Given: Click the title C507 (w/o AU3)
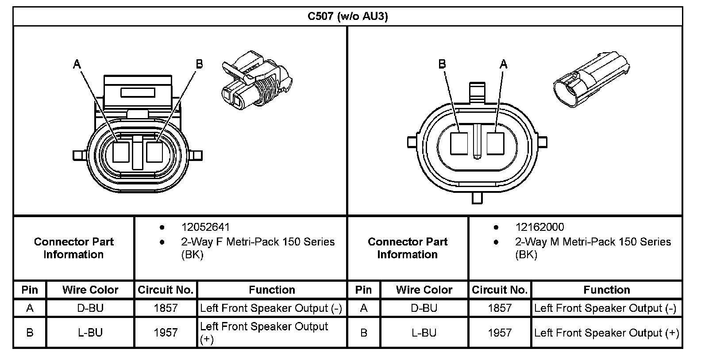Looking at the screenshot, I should pos(348,17).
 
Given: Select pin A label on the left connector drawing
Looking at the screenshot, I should pos(77,65).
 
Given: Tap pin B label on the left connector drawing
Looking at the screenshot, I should pos(199,65).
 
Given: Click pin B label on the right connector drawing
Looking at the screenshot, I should pos(442,65).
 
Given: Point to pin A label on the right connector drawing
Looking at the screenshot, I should pos(503,65).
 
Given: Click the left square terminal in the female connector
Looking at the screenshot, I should pos(121,152).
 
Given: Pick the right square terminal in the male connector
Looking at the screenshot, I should pos(495,144).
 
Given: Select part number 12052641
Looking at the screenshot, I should pos(205,227).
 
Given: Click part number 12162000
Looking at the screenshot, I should pos(539,227).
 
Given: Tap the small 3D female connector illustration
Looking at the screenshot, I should pos(255,80).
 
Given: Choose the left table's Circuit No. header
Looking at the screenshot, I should pos(166,290).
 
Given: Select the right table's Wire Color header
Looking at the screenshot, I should pos(424,290).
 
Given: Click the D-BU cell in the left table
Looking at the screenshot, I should pos(90,308).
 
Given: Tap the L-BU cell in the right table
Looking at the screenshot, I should pos(424,333).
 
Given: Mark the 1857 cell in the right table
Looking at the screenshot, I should pos(500,308).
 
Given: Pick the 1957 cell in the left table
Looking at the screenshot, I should pos(166,333).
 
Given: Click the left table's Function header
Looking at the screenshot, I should pos(272,290).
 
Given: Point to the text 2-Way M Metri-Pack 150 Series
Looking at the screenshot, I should pos(593,242).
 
